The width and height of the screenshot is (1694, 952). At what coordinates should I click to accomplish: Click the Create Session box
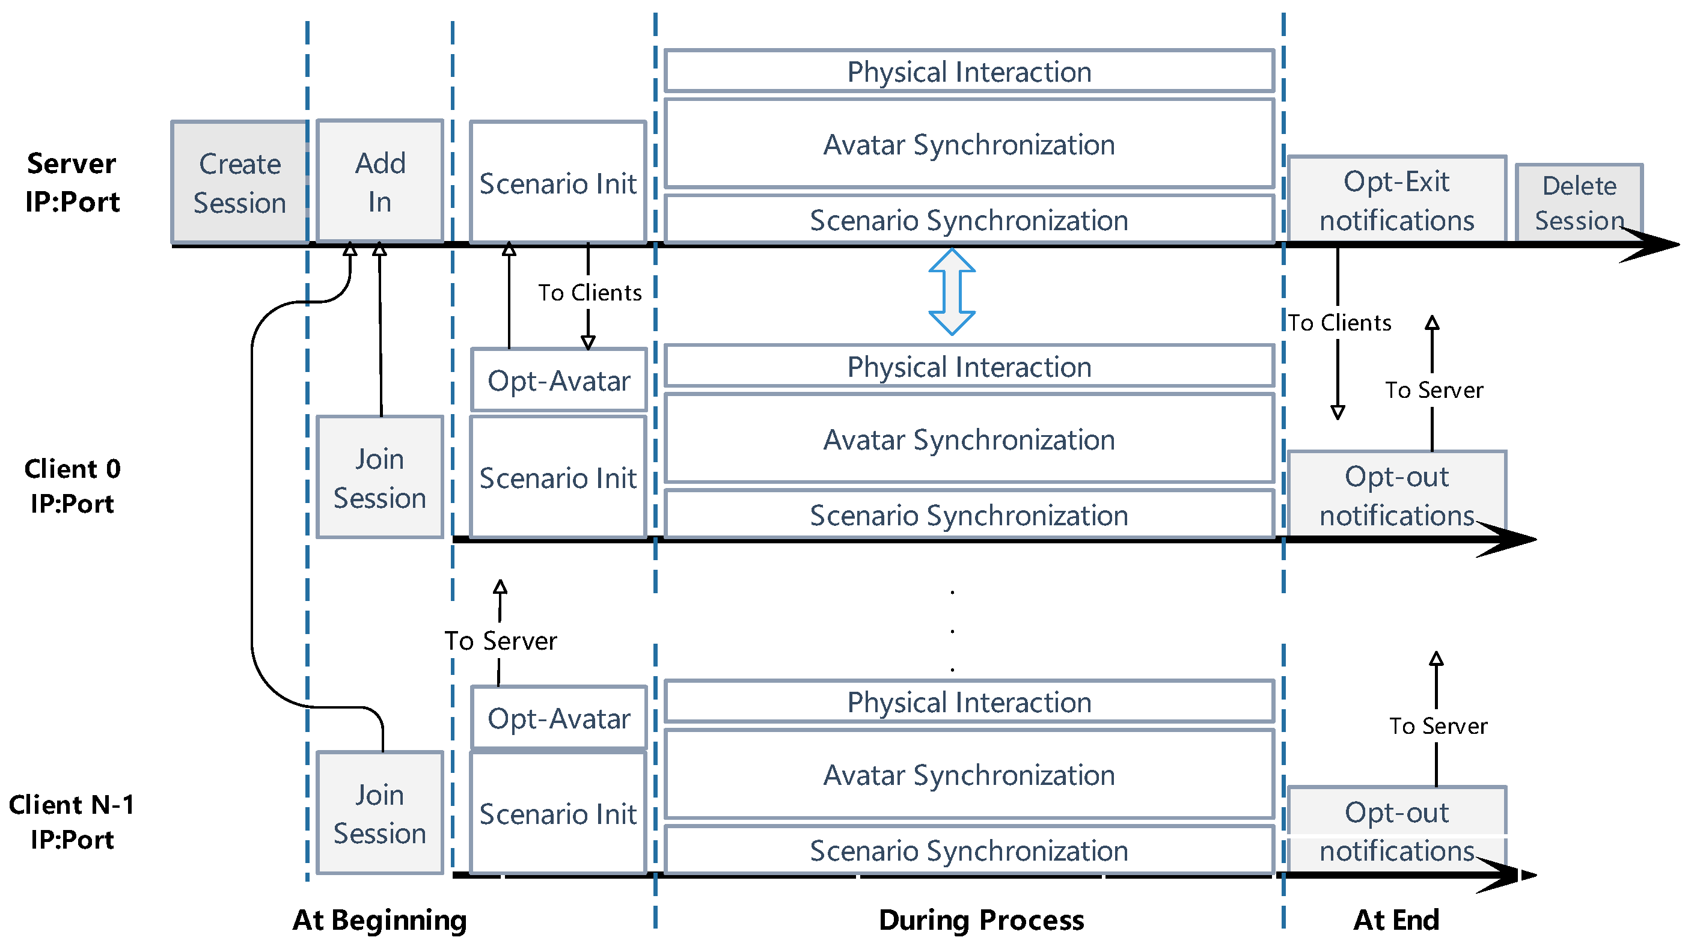pyautogui.click(x=239, y=183)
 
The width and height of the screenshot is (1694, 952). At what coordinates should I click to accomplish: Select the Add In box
pyautogui.click(x=380, y=182)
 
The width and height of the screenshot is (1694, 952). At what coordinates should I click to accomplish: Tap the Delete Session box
pyautogui.click(x=1579, y=203)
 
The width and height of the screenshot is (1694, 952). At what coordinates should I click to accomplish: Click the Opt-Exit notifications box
pyautogui.click(x=1397, y=200)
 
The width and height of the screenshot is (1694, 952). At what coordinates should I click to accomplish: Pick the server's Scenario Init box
pyautogui.click(x=558, y=183)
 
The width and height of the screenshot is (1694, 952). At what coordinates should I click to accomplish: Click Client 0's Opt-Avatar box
pyautogui.click(x=559, y=380)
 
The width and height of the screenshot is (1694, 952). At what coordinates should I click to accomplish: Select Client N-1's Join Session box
pyautogui.click(x=380, y=813)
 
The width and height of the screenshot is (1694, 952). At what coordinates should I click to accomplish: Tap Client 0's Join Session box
pyautogui.click(x=380, y=478)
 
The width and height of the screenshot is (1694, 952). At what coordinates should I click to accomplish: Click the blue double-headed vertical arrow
pyautogui.click(x=952, y=292)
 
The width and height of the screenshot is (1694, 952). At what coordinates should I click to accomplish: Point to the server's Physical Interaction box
pyautogui.click(x=968, y=71)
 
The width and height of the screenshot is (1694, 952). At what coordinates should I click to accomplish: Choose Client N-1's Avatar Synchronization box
pyautogui.click(x=968, y=775)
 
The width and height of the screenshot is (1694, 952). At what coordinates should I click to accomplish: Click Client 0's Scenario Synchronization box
pyautogui.click(x=968, y=515)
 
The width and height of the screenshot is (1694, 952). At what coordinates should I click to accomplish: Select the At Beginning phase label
pyautogui.click(x=379, y=920)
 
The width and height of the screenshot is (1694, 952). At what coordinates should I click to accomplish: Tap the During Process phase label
pyautogui.click(x=981, y=920)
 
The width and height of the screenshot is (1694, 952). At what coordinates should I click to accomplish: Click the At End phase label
pyautogui.click(x=1396, y=920)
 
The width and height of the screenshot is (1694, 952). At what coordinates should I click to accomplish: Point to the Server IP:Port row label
pyautogui.click(x=72, y=183)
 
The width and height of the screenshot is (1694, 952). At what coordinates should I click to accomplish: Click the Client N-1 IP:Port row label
pyautogui.click(x=72, y=822)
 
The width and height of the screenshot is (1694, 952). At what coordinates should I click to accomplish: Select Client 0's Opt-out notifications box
pyautogui.click(x=1397, y=495)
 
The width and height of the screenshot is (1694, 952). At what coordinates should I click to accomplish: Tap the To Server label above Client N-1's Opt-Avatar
pyautogui.click(x=500, y=640)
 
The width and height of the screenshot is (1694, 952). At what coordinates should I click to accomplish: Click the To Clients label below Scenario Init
pyautogui.click(x=590, y=293)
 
